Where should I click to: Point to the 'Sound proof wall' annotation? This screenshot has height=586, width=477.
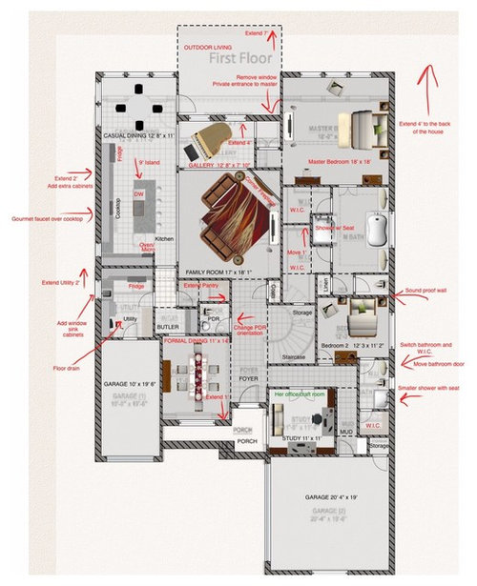pos(428,290)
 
